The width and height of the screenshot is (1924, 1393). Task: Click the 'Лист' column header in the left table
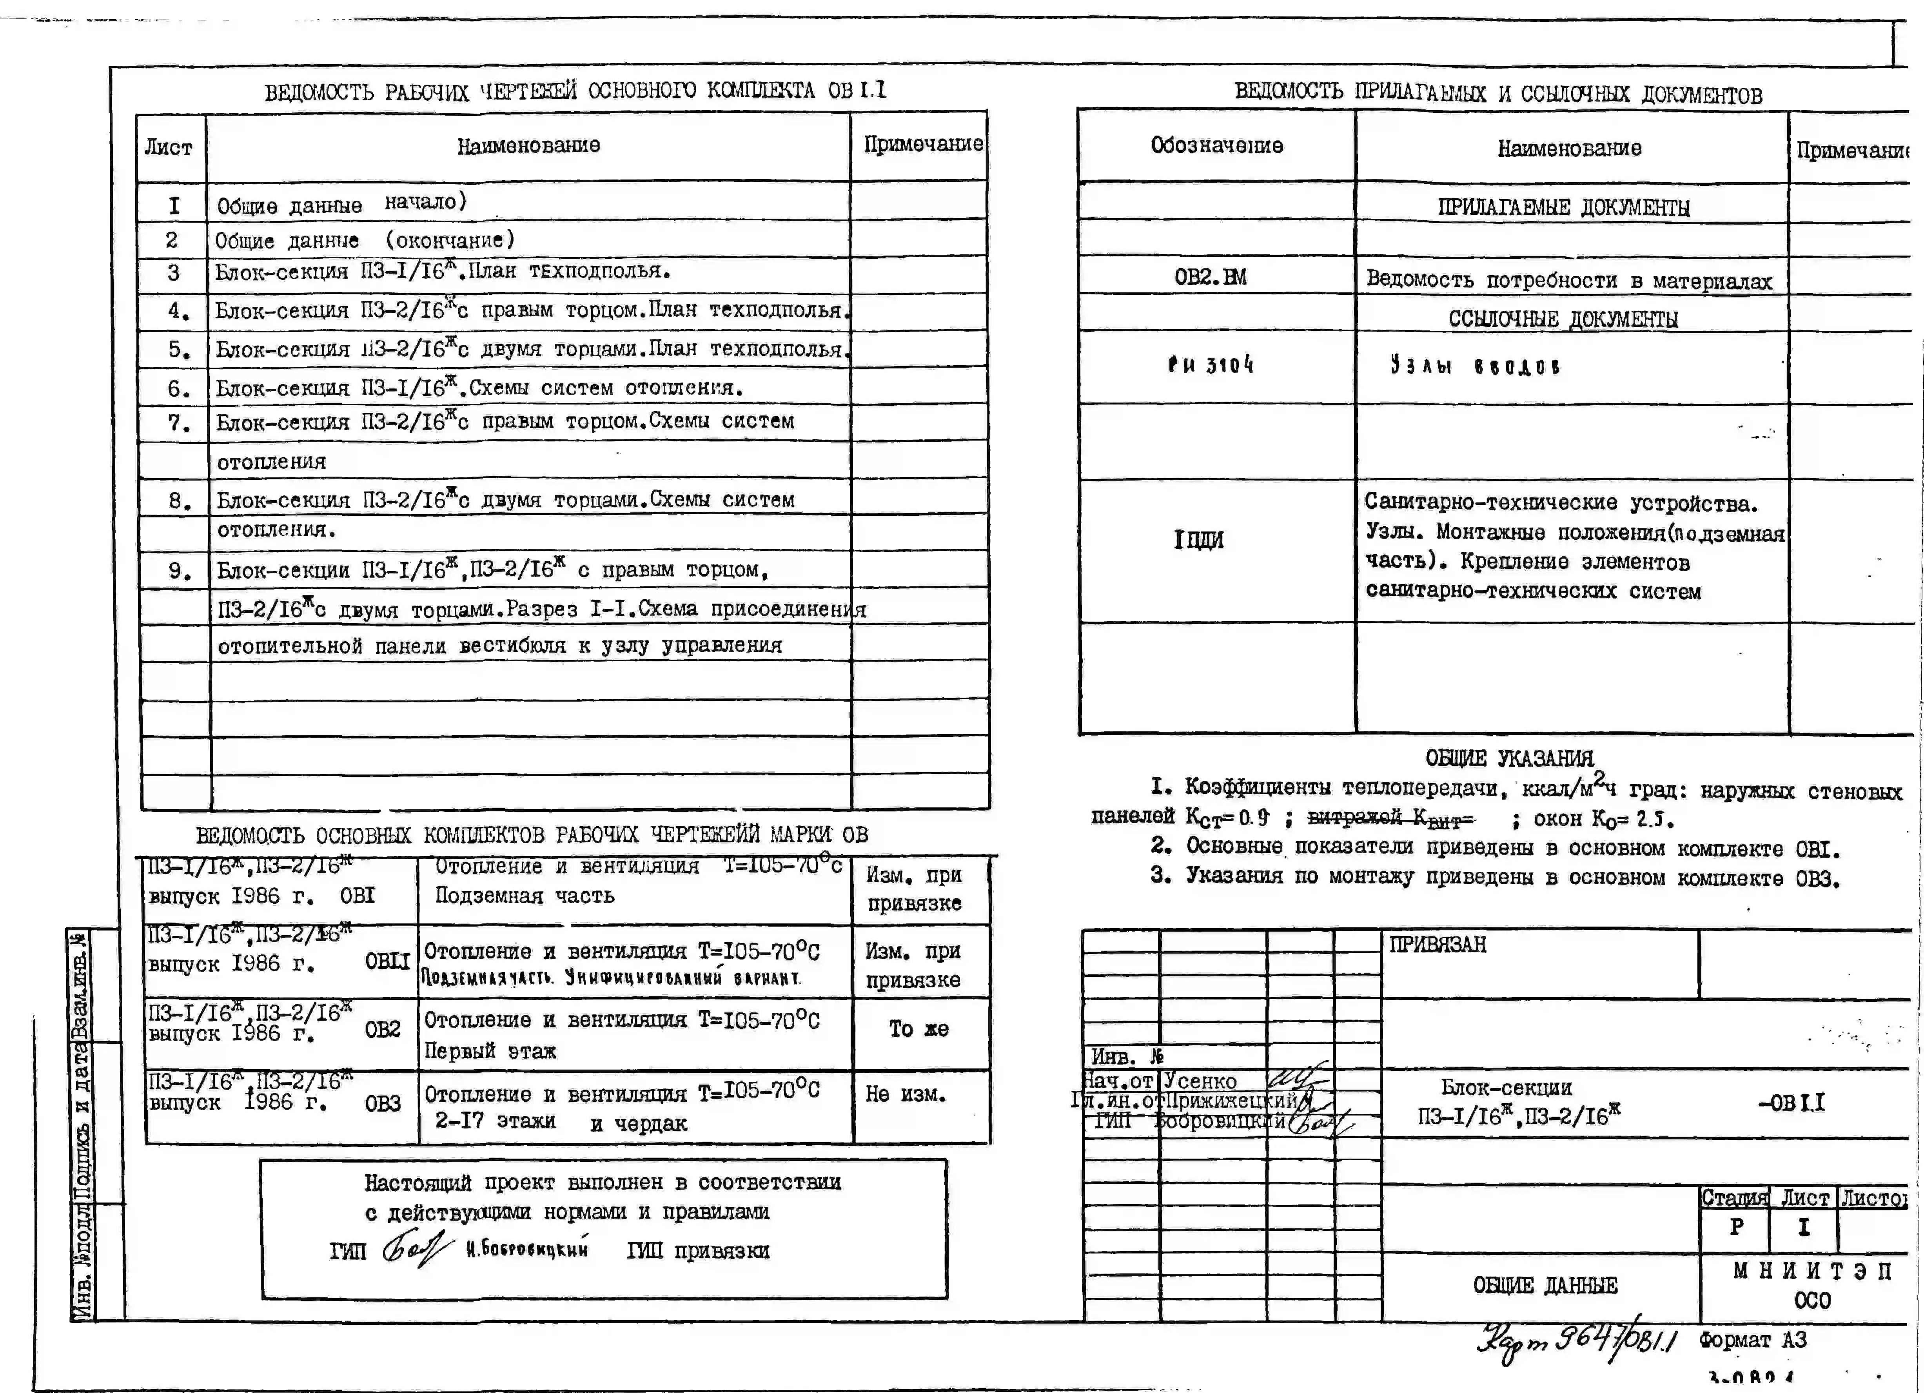[x=168, y=148]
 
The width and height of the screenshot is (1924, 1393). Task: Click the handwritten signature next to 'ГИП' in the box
[x=416, y=1249]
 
